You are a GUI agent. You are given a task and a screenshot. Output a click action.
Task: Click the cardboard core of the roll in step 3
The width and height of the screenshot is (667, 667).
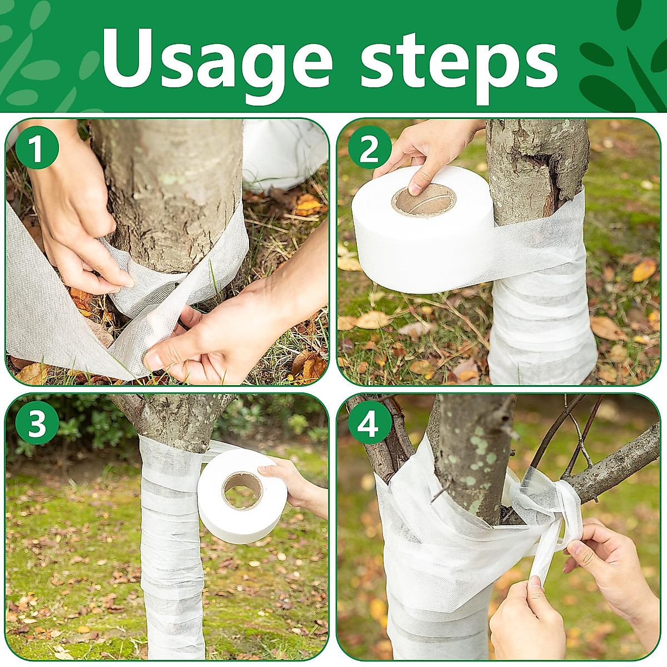[243, 489]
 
